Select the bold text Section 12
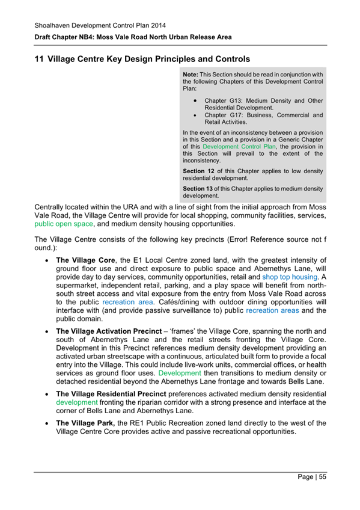point(198,171)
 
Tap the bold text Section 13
point(198,188)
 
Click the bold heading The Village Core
point(87,261)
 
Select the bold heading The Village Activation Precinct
point(114,331)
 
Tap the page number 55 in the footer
point(322,477)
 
